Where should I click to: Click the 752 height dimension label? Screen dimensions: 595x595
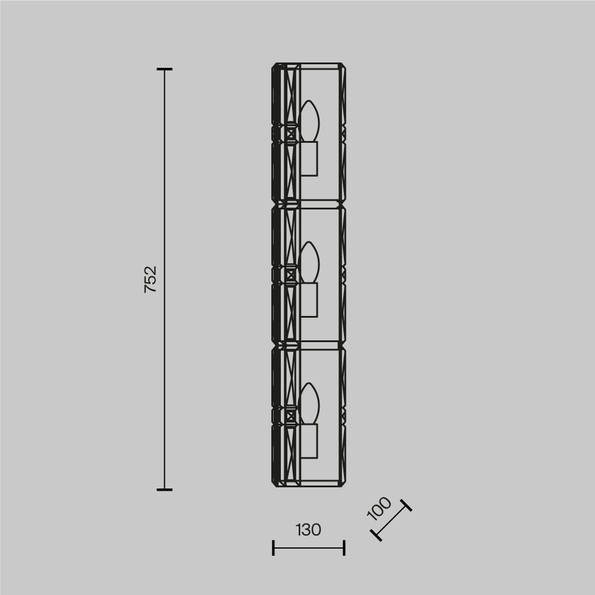coord(151,279)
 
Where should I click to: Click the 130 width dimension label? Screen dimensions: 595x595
coord(308,530)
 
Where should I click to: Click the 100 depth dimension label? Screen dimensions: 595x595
coord(379,509)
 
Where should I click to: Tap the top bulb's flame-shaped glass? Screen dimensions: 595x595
coord(309,121)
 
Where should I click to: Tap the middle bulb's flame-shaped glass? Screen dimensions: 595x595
coord(309,262)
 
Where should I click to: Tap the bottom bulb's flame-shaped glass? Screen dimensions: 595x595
coord(309,403)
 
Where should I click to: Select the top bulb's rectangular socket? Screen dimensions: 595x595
coord(308,159)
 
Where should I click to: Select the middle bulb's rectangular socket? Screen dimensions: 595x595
coord(308,299)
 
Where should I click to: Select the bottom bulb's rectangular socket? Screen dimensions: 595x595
coord(308,441)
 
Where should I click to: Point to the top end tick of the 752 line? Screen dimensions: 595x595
coord(165,70)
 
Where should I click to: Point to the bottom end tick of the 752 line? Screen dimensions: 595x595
coord(165,490)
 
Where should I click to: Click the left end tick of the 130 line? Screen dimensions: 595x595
coord(273,547)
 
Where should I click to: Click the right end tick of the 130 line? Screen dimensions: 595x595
coord(345,547)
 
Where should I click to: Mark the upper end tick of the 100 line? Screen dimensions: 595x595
coord(406,506)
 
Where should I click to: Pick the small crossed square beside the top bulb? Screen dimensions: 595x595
coord(290,133)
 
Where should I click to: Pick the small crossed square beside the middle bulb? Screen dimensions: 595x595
coord(290,275)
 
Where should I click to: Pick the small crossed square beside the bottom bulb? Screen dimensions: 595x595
coord(290,416)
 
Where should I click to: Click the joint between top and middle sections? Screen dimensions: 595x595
coord(308,204)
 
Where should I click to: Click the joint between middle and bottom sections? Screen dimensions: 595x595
coord(308,345)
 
